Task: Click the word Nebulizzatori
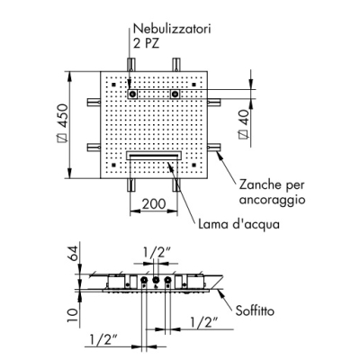[x=172, y=29]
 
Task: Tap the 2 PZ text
[x=147, y=43]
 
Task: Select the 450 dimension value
[x=63, y=123]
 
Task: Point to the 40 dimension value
[x=244, y=124]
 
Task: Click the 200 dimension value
[x=154, y=204]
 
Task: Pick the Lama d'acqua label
[x=238, y=224]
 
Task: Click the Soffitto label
[x=255, y=310]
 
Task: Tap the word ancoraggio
[x=272, y=200]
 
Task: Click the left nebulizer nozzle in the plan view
[x=132, y=94]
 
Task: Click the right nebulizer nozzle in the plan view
[x=175, y=94]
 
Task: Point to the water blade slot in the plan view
[x=154, y=156]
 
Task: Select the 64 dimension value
[x=73, y=253]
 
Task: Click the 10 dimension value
[x=73, y=314]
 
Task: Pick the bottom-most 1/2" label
[x=103, y=340]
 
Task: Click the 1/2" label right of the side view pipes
[x=204, y=322]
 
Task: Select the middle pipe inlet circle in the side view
[x=156, y=280]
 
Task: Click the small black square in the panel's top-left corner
[x=113, y=85]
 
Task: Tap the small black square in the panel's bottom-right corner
[x=194, y=164]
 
